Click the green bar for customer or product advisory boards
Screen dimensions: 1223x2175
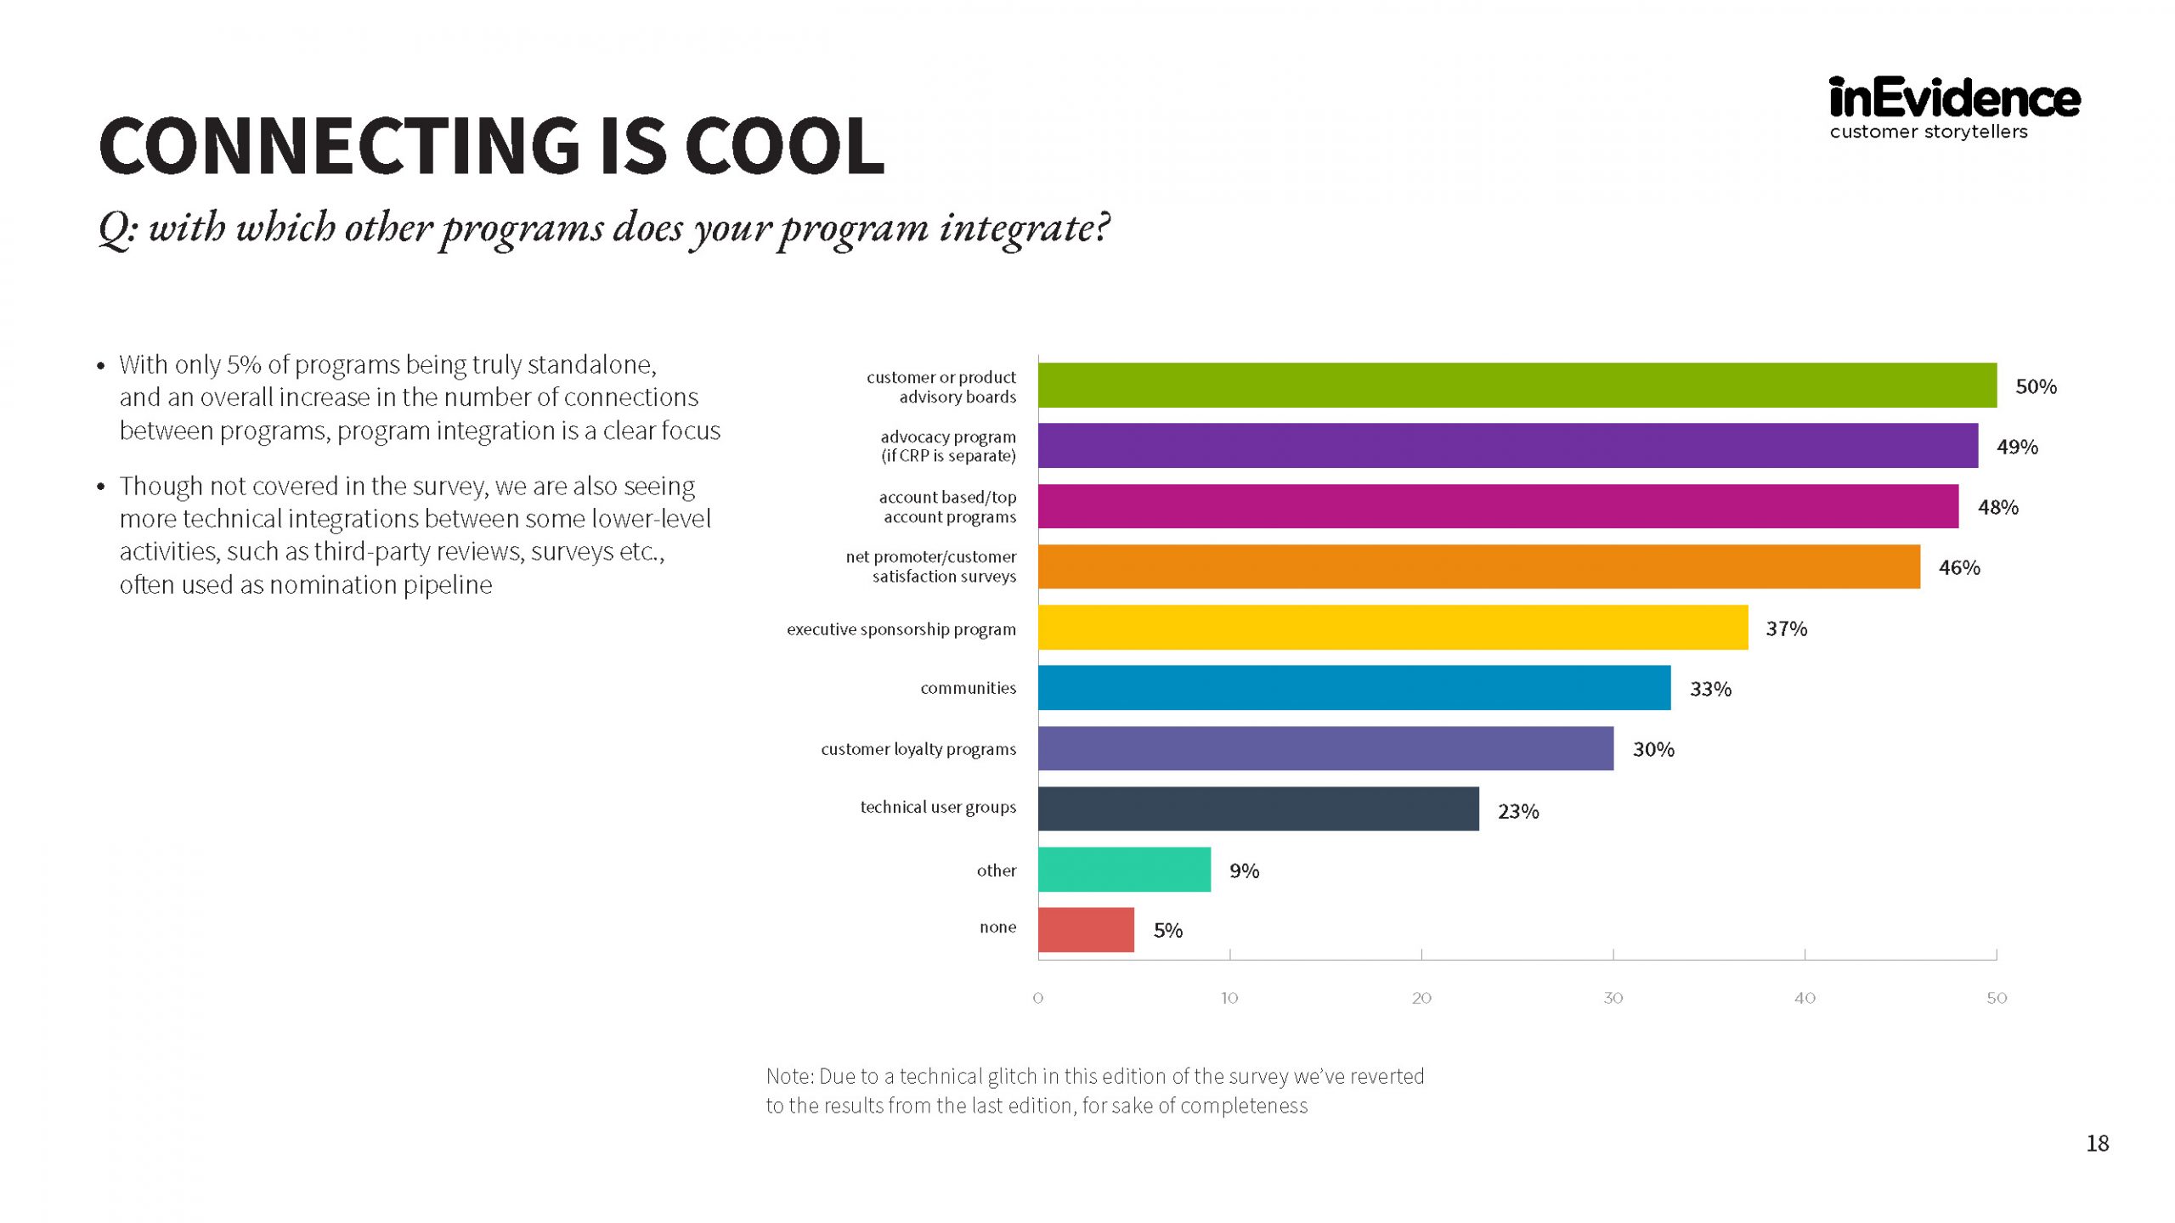point(1517,386)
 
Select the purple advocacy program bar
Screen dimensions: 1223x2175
point(1508,446)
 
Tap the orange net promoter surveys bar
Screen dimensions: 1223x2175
point(1479,566)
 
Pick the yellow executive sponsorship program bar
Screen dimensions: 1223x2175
point(1393,628)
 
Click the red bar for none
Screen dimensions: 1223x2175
point(1086,930)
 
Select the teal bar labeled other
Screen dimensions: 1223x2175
point(1124,870)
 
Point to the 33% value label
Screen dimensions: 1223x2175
point(1710,689)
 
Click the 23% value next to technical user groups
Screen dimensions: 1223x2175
point(1518,811)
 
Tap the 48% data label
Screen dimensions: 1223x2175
point(1997,507)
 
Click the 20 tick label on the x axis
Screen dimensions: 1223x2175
point(1421,998)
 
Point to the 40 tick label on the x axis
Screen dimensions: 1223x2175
point(1805,998)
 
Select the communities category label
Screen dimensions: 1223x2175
point(968,688)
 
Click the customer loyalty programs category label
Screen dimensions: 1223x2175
point(918,749)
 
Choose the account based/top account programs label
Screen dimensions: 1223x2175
point(948,507)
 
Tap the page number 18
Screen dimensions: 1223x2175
point(2097,1143)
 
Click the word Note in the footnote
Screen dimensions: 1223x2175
point(790,1076)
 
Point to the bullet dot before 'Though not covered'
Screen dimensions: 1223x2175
point(101,487)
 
